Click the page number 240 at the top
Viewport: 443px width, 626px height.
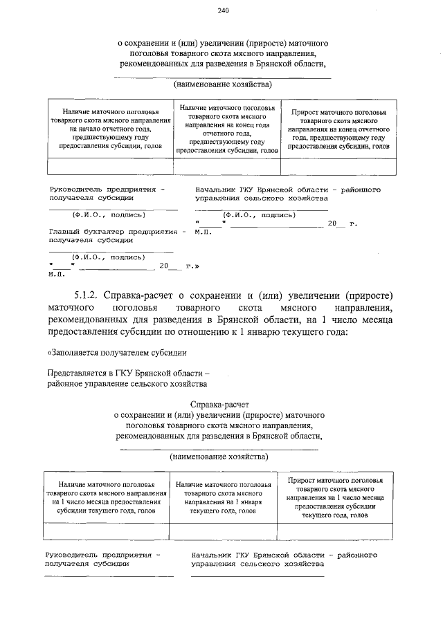click(x=222, y=10)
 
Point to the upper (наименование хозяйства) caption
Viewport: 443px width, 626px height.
click(x=221, y=84)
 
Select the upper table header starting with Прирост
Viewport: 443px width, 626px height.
click(x=338, y=129)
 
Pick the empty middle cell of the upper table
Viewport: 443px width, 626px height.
click(x=226, y=167)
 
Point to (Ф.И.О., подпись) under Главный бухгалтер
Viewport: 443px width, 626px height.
click(x=103, y=256)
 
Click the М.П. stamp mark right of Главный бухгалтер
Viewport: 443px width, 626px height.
click(x=203, y=232)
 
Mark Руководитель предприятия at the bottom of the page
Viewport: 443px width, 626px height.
click(x=101, y=555)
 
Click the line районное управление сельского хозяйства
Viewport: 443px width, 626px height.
click(x=127, y=383)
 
